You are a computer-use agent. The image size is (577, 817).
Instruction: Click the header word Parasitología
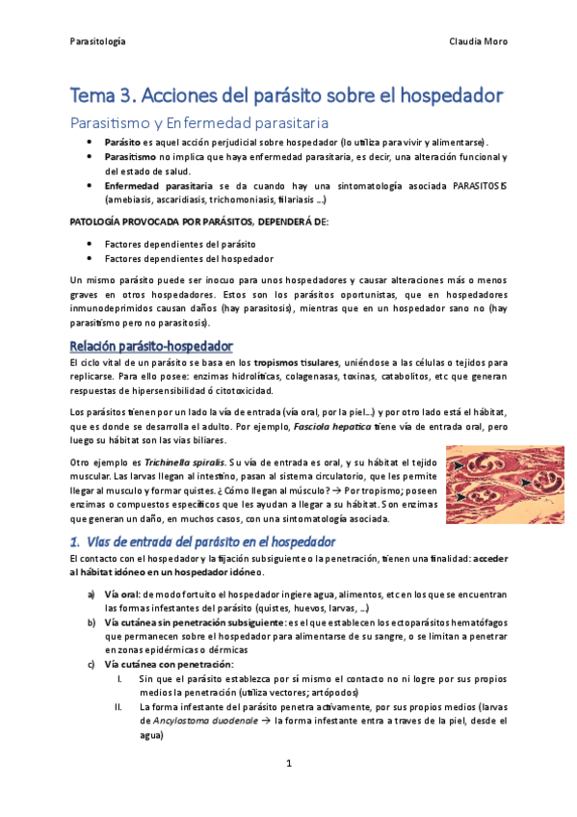tap(99, 41)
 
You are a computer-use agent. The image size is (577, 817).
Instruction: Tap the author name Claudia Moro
tap(479, 41)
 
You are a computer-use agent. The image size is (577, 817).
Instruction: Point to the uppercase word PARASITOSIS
tap(481, 184)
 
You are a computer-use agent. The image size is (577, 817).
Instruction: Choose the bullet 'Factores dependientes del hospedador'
tap(174, 258)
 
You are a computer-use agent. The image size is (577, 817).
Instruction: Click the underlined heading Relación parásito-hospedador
tap(152, 346)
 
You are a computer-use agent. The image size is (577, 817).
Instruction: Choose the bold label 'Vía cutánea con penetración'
tap(169, 665)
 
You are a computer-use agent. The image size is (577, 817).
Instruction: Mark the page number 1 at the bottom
tap(288, 764)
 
